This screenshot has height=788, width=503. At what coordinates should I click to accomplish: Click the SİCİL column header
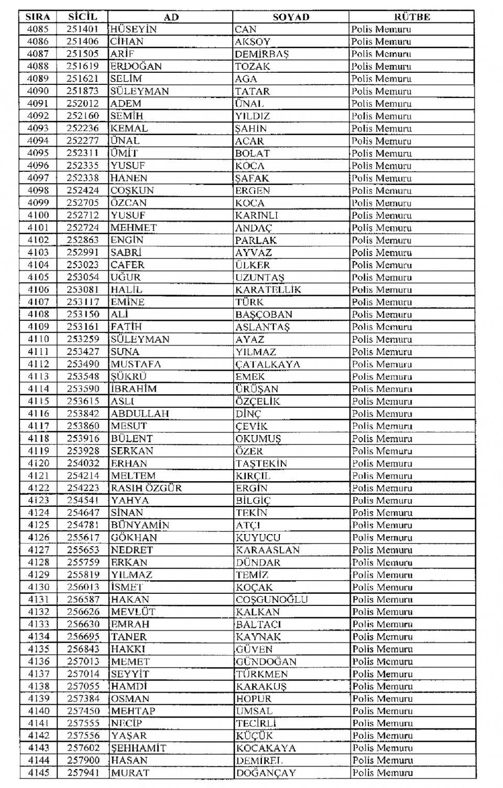pyautogui.click(x=82, y=17)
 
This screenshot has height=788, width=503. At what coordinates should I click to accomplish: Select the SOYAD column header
pyautogui.click(x=291, y=17)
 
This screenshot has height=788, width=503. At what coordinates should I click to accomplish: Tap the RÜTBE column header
pyautogui.click(x=412, y=17)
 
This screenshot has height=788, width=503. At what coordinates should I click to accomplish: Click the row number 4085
pyautogui.click(x=38, y=29)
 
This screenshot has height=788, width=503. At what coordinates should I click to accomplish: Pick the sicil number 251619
pyautogui.click(x=82, y=66)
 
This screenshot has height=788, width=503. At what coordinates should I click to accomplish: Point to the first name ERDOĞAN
pyautogui.click(x=136, y=66)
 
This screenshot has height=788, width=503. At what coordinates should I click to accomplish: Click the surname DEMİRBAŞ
pyautogui.click(x=262, y=54)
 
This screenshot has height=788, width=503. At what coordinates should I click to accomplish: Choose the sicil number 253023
pyautogui.click(x=82, y=265)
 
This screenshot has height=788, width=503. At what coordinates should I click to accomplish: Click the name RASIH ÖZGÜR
pyautogui.click(x=146, y=488)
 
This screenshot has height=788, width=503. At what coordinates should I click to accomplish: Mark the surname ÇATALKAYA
pyautogui.click(x=268, y=364)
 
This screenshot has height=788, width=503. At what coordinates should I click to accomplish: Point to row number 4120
pyautogui.click(x=38, y=463)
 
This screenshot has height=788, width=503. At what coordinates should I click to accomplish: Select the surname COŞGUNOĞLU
pyautogui.click(x=271, y=600)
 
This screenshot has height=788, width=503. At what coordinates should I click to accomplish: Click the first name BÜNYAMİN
pyautogui.click(x=140, y=525)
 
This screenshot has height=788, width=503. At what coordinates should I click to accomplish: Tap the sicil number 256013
pyautogui.click(x=82, y=587)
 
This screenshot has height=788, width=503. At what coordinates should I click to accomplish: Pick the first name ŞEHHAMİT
pyautogui.click(x=138, y=748)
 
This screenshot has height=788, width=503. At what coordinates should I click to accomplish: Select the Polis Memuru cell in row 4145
pyautogui.click(x=382, y=773)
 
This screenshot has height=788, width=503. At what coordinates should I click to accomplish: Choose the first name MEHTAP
pyautogui.click(x=133, y=711)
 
